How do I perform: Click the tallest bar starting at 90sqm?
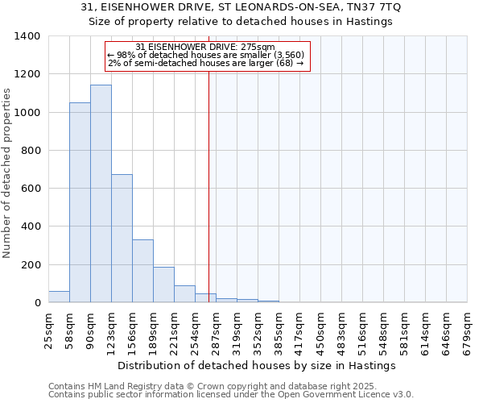tap(101, 193)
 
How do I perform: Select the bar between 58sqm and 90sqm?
tap(80, 202)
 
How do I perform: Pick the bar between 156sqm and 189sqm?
tap(142, 271)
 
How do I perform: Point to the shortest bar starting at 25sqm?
tap(59, 297)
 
